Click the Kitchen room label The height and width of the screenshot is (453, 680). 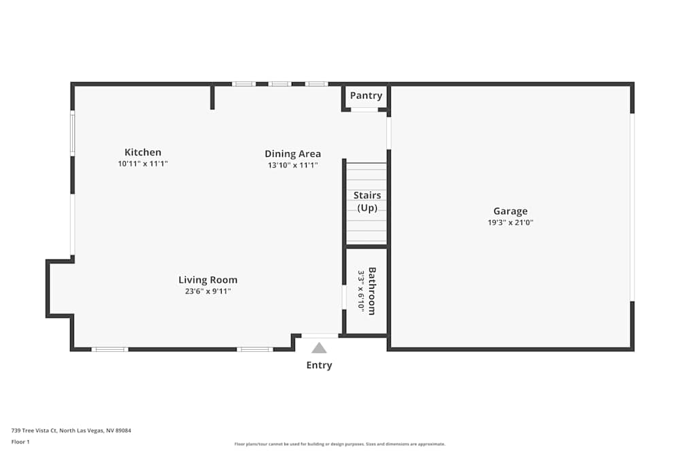coord(143,152)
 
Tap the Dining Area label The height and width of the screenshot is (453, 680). coord(292,153)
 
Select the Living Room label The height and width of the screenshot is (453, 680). coord(208,280)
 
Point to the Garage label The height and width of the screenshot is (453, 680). coord(510,211)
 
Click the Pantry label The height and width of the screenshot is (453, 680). coord(366,96)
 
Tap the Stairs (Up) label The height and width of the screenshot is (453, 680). coord(367,202)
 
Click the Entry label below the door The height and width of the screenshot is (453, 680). coord(319,365)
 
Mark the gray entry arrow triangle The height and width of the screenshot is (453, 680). coord(319,348)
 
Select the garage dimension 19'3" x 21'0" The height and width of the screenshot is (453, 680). coord(510,222)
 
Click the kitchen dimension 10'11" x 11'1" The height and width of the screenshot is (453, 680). coord(143,164)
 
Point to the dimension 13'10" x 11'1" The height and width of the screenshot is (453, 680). coord(292,165)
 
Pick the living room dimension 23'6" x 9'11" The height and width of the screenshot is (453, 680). coord(208,291)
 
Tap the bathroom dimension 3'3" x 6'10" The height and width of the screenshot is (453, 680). coord(361,291)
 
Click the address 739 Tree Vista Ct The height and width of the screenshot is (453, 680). coord(71,431)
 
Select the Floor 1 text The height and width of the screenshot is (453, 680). coord(20,441)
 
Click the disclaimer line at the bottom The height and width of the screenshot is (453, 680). coord(340,444)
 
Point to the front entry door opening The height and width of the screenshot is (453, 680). coord(320,336)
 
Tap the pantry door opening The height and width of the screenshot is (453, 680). coord(364,109)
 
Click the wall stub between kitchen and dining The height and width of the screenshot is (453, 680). coord(212,96)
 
